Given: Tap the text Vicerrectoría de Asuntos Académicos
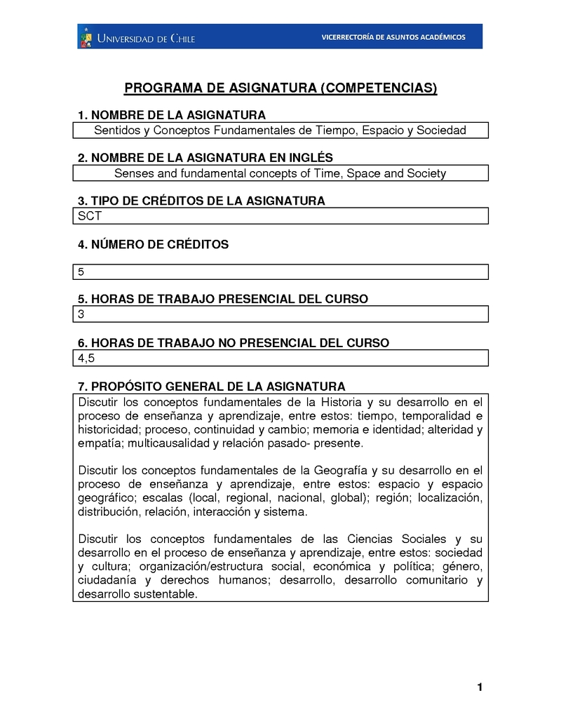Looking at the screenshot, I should pos(393,37).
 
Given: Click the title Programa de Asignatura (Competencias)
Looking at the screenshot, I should pos(280,88).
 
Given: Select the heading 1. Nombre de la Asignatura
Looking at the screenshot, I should pos(172,115).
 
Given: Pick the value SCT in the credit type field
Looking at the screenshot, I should pos(90,216).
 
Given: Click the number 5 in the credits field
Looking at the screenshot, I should pos(81,271).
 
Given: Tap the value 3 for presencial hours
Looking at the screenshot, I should pos(81,314).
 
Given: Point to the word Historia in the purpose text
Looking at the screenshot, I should pos(342,402).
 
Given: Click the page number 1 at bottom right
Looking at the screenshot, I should pos(480,687).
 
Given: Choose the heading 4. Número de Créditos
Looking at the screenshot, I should pos(154,245).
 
